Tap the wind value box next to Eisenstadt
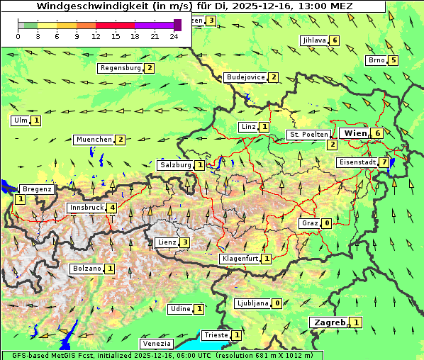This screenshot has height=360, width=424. [x=384, y=162]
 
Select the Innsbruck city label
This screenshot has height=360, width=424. [x=86, y=208]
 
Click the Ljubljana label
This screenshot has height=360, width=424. [x=252, y=303]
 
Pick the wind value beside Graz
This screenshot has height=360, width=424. [x=326, y=223]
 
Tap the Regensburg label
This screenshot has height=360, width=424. [x=120, y=68]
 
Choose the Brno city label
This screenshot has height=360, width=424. [x=376, y=60]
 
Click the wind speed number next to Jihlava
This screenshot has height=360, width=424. [x=335, y=40]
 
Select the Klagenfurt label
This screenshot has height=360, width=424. [x=239, y=259]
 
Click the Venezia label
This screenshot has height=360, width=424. [x=157, y=344]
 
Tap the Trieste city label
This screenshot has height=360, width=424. [x=216, y=335]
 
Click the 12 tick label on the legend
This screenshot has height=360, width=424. [x=96, y=37]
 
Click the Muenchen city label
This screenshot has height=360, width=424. [x=94, y=140]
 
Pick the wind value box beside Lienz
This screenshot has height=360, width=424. [x=184, y=242]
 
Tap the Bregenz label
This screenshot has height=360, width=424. [x=37, y=189]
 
